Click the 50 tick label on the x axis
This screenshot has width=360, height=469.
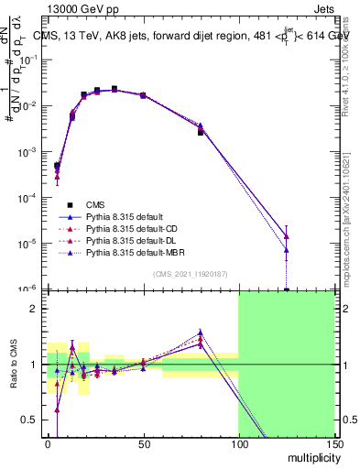pos(143,444)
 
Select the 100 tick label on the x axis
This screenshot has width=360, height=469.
pos(238,444)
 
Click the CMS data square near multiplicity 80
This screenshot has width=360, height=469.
pos(201,132)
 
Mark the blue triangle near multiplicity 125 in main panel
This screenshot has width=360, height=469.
pos(287,249)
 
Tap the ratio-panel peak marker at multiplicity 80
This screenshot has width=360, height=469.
pos(201,333)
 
